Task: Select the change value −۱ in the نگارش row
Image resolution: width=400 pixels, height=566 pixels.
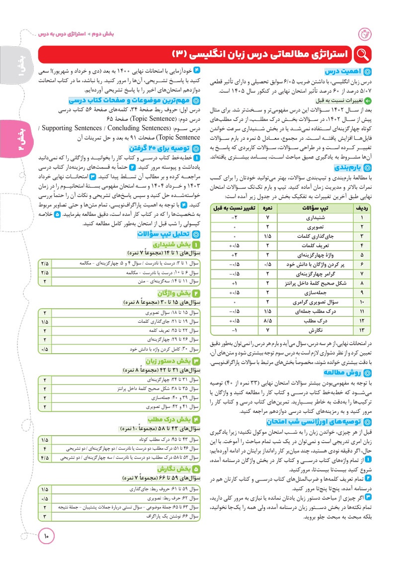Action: [x=234, y=330]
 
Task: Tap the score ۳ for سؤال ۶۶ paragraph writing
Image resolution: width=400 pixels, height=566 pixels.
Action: [x=45, y=516]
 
